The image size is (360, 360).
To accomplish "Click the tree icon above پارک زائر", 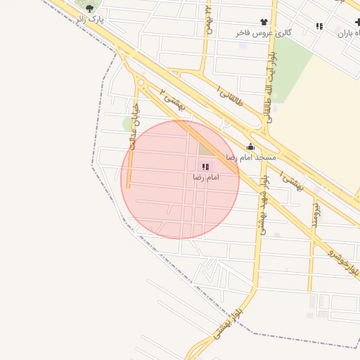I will (x=89, y=8).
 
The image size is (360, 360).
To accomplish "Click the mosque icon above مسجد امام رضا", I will (x=250, y=147).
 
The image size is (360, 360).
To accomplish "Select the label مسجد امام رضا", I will (x=250, y=157).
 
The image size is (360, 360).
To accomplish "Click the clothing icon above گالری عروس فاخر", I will (x=264, y=22).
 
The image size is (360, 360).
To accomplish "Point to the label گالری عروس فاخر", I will (x=264, y=33).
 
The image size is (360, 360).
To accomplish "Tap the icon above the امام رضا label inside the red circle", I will (x=205, y=167).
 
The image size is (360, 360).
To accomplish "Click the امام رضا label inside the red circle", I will (x=206, y=178).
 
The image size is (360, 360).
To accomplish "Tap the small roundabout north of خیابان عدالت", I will (x=141, y=83).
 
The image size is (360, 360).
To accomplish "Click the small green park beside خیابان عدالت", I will (x=127, y=124).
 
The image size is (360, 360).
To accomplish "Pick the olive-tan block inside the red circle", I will (x=205, y=149).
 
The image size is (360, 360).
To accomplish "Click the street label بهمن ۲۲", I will (x=208, y=21).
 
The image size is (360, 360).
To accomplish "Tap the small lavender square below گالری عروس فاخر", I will (x=243, y=46).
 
